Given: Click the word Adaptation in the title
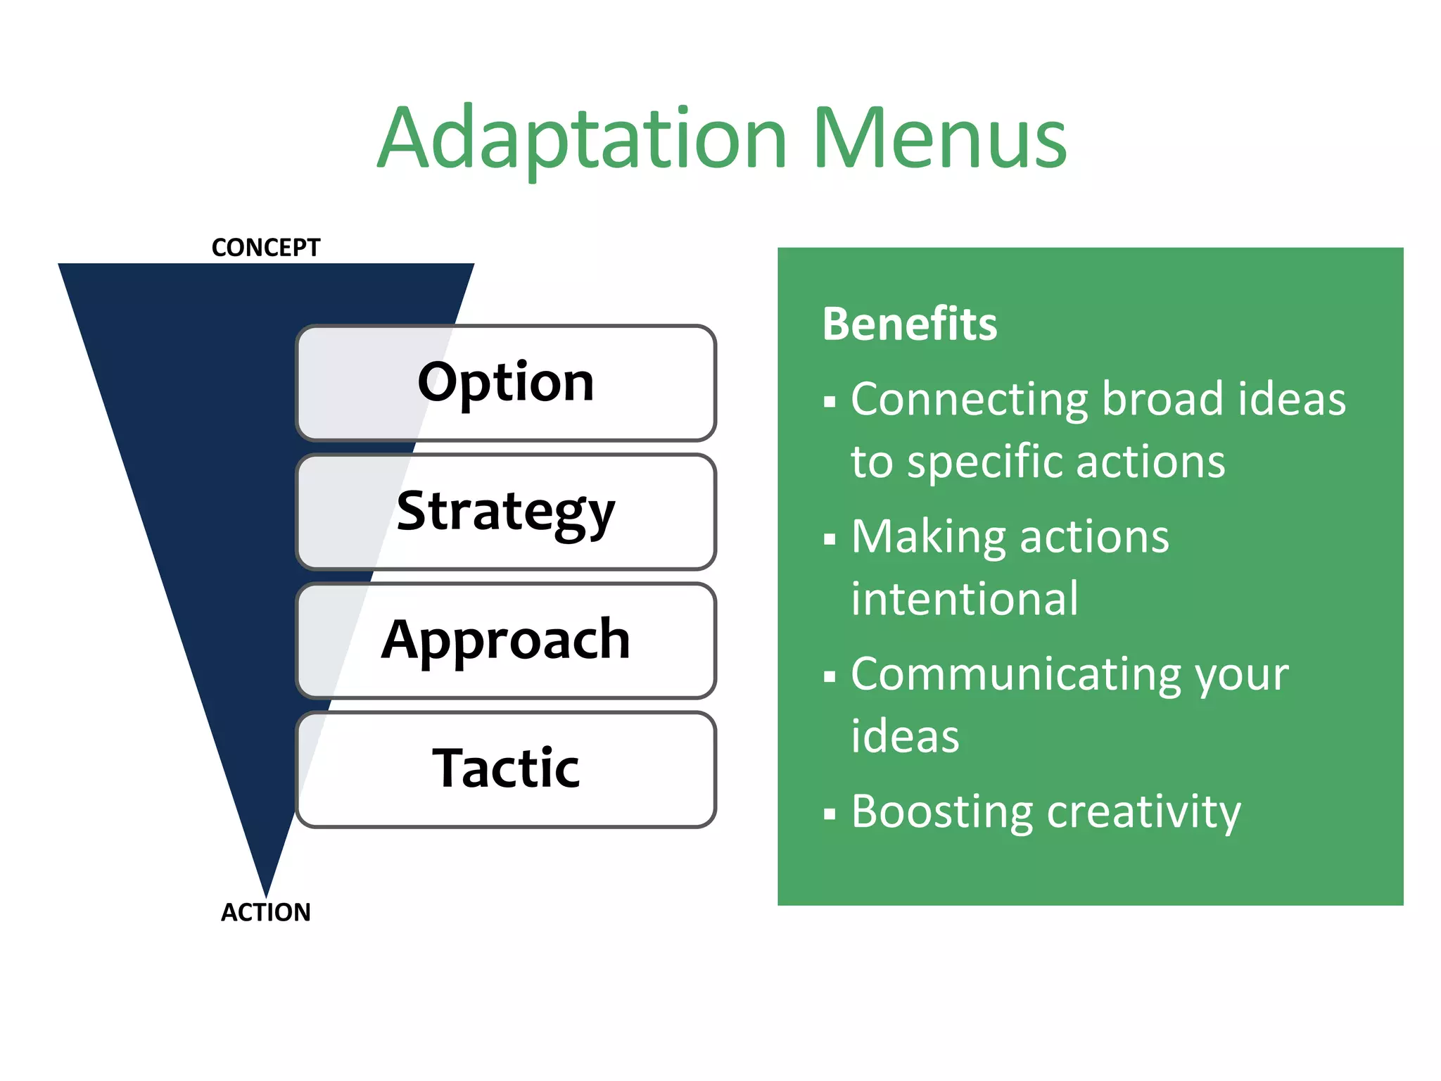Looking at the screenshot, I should pyautogui.click(x=582, y=139).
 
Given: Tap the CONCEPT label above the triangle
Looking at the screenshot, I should pyautogui.click(x=265, y=248).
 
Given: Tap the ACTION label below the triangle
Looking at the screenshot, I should pyautogui.click(x=265, y=912).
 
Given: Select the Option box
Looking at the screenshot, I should pyautogui.click(x=505, y=383).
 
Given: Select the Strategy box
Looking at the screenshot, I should pyautogui.click(x=505, y=512).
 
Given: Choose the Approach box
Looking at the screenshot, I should pyautogui.click(x=505, y=640).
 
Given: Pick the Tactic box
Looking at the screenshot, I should pyautogui.click(x=505, y=769).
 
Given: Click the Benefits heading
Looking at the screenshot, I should pyautogui.click(x=910, y=324).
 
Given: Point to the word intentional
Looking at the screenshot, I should pyautogui.click(x=964, y=599).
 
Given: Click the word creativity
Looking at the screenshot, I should pyautogui.click(x=1143, y=813).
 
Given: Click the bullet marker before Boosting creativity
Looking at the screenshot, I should pyautogui.click(x=830, y=815).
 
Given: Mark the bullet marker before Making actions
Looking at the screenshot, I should pyautogui.click(x=830, y=540).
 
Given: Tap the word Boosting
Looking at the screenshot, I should pyautogui.click(x=941, y=813).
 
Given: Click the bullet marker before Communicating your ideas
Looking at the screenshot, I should pyautogui.click(x=830, y=677).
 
